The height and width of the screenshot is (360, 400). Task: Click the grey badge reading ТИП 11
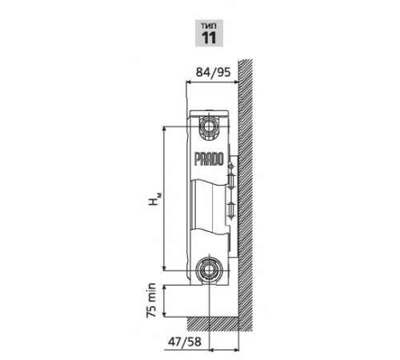209,33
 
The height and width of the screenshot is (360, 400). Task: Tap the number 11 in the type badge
209,38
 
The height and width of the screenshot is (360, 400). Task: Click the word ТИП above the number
209,26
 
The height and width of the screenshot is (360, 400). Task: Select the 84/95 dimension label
213,72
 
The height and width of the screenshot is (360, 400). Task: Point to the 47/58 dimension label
185,342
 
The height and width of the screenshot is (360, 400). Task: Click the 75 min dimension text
151,300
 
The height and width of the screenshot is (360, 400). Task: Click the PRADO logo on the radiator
209,159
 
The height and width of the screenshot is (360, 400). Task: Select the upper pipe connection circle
209,126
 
